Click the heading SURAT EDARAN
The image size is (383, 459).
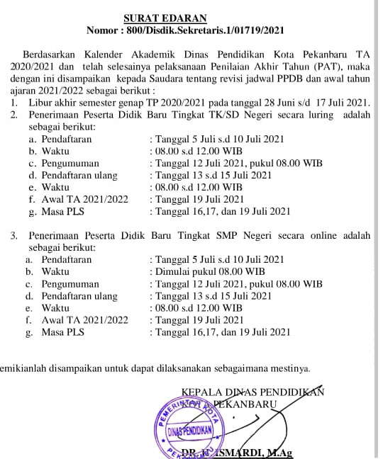coord(165,18)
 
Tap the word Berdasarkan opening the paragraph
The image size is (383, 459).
coord(51,55)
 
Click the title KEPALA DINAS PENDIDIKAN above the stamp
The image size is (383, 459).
coord(252,392)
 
